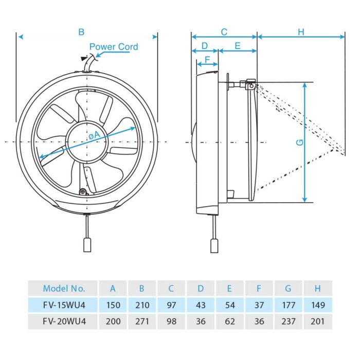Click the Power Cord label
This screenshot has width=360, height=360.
(114, 47)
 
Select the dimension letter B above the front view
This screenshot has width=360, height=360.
(81, 32)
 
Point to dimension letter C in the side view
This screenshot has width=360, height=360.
(224, 32)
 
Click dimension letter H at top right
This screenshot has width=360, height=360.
(301, 32)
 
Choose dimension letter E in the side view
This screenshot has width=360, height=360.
(237, 45)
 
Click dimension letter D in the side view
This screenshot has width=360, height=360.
(204, 45)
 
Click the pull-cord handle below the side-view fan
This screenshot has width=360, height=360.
(214, 245)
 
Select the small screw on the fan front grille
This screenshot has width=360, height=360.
(83, 192)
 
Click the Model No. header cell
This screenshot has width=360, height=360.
(64, 289)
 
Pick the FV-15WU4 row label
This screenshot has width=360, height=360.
(64, 305)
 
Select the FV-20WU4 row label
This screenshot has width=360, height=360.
(64, 321)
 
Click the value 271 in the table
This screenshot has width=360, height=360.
(142, 321)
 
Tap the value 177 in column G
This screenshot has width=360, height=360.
(289, 305)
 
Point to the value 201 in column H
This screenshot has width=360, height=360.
(318, 321)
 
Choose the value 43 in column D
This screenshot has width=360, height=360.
(201, 305)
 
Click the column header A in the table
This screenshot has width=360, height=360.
(113, 289)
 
